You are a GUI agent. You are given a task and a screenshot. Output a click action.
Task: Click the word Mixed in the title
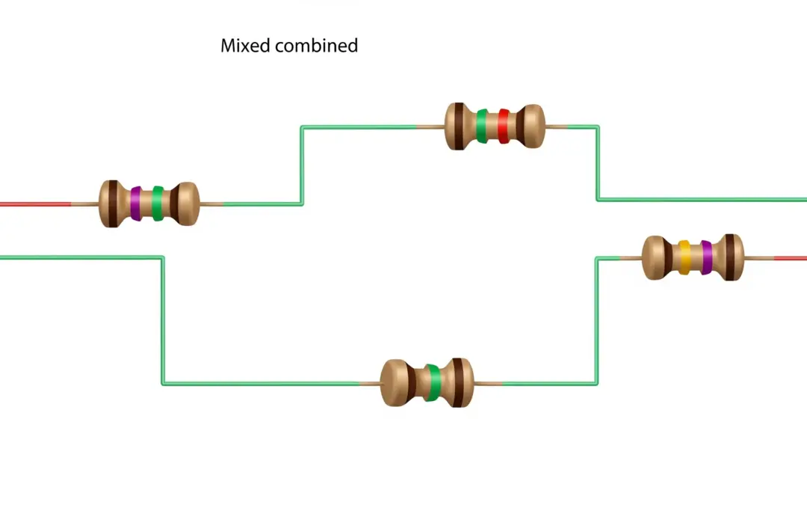246,46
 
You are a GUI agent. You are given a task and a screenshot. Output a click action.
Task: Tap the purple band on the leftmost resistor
135,203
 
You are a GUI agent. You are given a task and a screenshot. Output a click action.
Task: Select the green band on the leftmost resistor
157,203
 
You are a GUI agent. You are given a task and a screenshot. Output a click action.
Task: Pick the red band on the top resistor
504,126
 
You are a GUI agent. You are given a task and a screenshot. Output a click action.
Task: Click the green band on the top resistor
482,126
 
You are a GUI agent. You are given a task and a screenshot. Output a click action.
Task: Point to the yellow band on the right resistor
684,257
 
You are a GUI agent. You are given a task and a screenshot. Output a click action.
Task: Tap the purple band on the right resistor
706,257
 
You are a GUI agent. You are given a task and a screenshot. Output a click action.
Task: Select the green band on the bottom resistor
433,383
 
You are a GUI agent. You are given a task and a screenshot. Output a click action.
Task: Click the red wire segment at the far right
791,258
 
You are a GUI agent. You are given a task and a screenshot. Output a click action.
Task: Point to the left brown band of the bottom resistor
412,383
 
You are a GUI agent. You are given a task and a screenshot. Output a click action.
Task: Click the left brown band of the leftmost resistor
111,203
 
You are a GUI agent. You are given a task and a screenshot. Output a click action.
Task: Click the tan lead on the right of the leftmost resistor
211,204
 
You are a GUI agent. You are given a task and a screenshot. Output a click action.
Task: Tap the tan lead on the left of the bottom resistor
369,384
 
